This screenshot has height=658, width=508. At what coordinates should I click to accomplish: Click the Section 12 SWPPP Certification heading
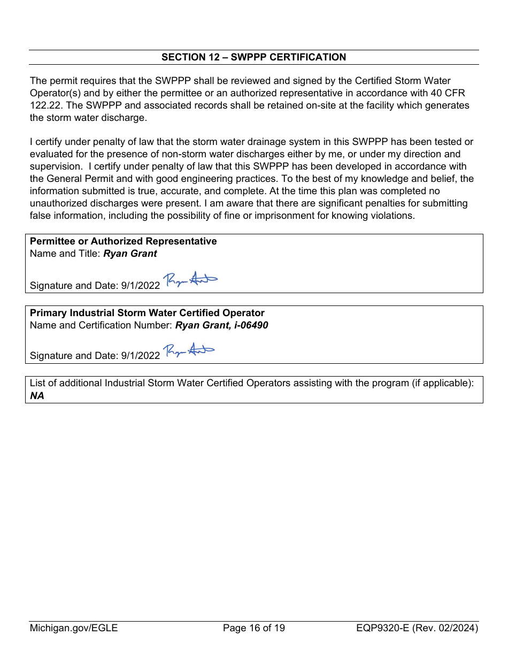253,57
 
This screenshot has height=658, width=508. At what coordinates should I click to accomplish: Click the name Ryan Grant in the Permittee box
130,254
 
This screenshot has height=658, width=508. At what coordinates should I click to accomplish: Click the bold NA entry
37,396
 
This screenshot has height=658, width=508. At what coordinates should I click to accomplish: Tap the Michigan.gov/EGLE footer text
73,628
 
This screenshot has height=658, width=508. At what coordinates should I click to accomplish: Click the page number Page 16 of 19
253,628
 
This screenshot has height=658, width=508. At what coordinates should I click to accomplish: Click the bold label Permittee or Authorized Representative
123,241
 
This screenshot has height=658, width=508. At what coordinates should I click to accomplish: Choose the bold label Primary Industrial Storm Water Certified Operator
147,313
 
